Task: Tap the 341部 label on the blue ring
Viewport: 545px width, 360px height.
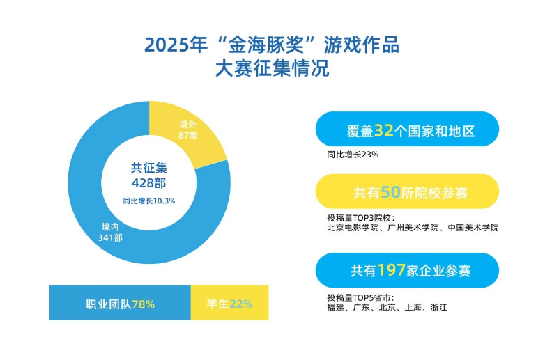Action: [x=110, y=238]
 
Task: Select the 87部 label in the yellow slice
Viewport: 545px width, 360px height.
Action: [x=188, y=135]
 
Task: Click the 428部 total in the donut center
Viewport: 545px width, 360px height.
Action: [x=148, y=183]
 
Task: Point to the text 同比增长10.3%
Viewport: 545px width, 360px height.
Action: [x=148, y=201]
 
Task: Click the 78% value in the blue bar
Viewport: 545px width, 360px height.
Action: [x=143, y=304]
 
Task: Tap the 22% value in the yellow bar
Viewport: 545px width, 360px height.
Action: [x=241, y=304]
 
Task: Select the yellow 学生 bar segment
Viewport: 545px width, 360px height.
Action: [x=230, y=303]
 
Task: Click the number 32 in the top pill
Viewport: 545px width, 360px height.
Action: [x=384, y=130]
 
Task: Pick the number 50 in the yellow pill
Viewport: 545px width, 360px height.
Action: [x=390, y=192]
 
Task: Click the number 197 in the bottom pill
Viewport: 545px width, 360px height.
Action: [x=391, y=270]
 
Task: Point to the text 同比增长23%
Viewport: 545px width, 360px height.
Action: [x=353, y=155]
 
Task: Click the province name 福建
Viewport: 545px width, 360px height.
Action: [x=335, y=308]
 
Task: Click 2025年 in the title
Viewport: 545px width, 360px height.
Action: [x=176, y=45]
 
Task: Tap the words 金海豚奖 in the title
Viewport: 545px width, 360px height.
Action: [x=266, y=45]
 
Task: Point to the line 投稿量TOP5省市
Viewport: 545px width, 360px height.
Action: [x=360, y=297]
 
